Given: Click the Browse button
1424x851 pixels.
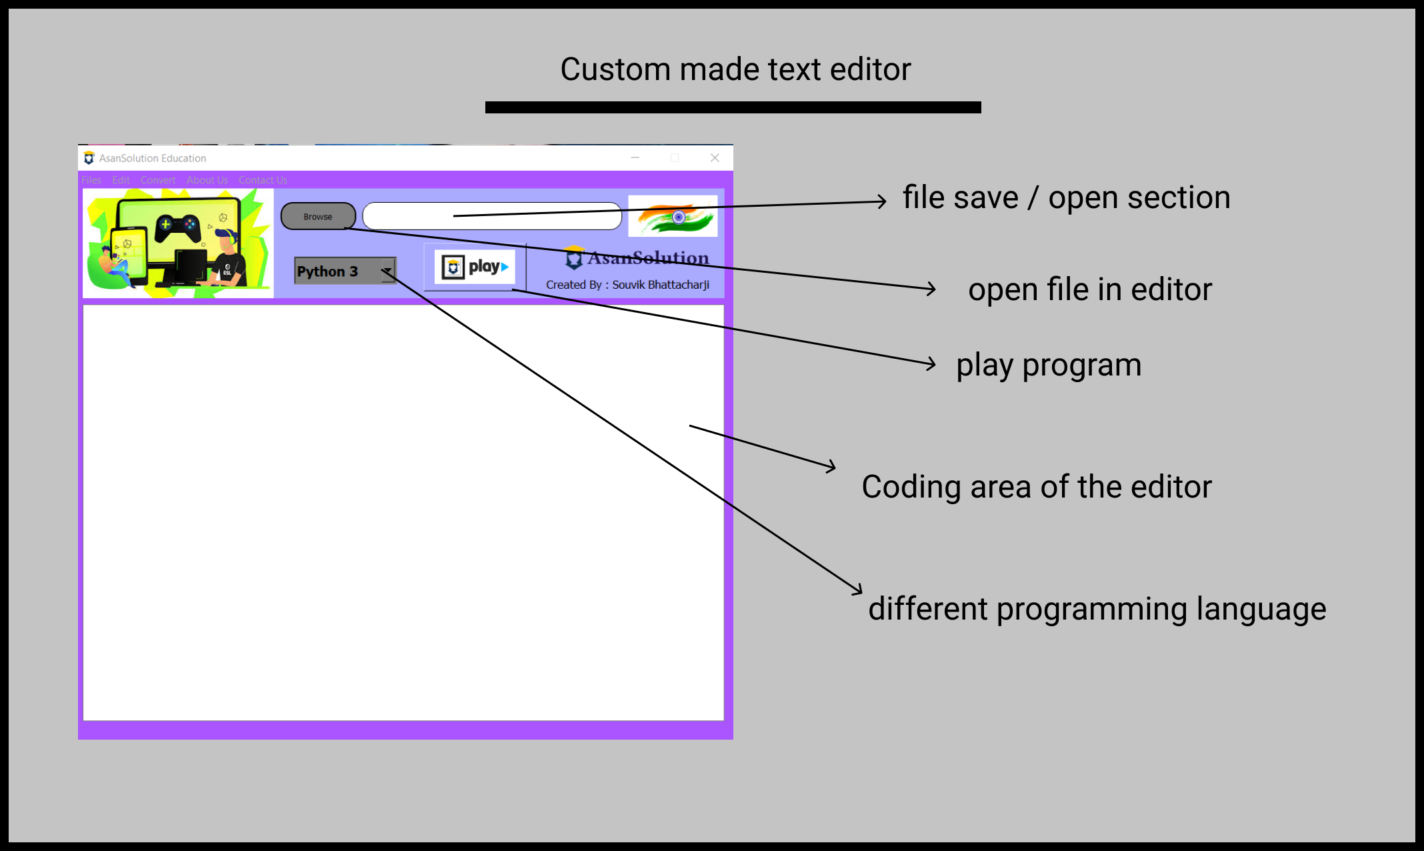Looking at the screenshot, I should [x=318, y=217].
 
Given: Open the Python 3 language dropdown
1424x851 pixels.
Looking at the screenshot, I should [x=387, y=271].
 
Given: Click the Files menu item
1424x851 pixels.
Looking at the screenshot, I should [x=91, y=180].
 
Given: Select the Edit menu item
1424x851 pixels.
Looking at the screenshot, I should [x=121, y=180].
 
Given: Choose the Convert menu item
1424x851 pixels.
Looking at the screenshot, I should [x=158, y=180].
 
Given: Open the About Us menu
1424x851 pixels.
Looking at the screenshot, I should [x=207, y=180].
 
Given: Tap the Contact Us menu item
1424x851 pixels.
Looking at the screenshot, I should [x=263, y=180].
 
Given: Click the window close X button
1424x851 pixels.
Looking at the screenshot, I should [x=715, y=158].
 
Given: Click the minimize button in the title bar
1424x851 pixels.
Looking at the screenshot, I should [x=635, y=158].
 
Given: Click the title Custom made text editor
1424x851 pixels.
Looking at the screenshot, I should [x=735, y=69].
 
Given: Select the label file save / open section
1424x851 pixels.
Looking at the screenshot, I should [x=1066, y=198].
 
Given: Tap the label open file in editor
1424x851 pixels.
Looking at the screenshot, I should [x=1090, y=290].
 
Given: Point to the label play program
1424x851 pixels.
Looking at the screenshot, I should [x=1049, y=365].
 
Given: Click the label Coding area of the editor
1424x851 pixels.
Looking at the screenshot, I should [x=1037, y=487].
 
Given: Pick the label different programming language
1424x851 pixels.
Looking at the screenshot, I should [x=1097, y=610].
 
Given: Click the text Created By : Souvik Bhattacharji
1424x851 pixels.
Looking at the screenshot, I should [x=627, y=285].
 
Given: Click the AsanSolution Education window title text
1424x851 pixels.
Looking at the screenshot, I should [x=153, y=158].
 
